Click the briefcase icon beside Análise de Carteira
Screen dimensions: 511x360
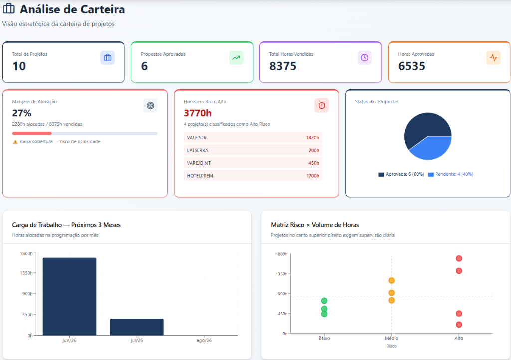(x=9, y=9)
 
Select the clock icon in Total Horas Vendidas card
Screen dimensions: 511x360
(x=365, y=58)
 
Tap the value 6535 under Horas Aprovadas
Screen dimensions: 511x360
(x=412, y=66)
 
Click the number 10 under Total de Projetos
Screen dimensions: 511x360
(x=19, y=66)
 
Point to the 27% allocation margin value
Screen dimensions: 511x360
(x=22, y=113)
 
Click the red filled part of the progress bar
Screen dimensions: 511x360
(x=32, y=133)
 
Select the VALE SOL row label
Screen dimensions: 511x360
(x=197, y=138)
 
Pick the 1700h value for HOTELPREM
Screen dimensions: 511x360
(x=313, y=176)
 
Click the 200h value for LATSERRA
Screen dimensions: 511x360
(x=314, y=150)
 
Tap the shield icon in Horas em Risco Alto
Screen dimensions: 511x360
(x=322, y=106)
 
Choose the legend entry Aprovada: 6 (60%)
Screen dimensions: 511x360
(x=401, y=174)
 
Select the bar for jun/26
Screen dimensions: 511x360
(x=69, y=296)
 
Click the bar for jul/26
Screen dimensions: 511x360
(x=137, y=327)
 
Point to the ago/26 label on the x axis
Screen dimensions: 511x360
(x=204, y=340)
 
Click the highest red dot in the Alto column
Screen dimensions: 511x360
(x=459, y=258)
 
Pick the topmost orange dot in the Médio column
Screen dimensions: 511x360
(x=391, y=280)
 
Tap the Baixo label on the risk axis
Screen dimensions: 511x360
(x=324, y=338)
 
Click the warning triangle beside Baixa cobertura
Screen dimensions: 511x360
(x=15, y=142)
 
